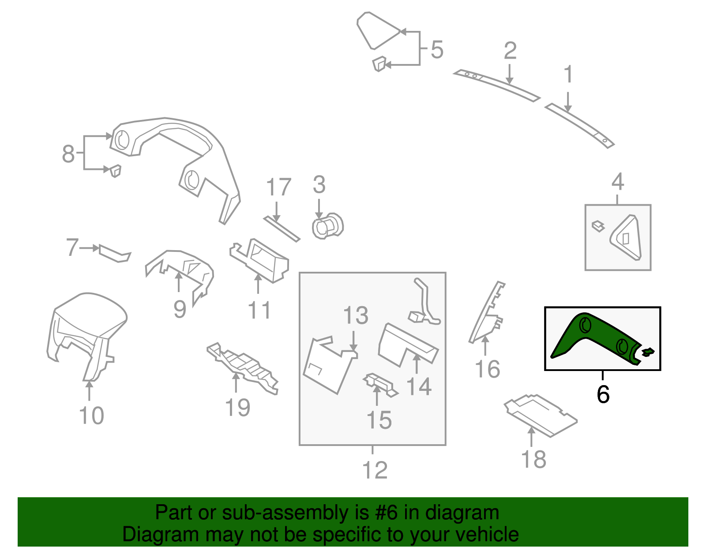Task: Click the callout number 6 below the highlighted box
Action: point(603,394)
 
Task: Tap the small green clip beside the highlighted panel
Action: point(648,352)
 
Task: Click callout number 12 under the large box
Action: point(375,470)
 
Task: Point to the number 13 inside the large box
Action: point(356,315)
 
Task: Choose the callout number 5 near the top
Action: point(437,50)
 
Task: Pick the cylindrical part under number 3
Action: point(327,226)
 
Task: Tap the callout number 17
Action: point(278,187)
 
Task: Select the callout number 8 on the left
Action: point(68,154)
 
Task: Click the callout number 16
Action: point(487,369)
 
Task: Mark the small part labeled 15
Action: point(380,385)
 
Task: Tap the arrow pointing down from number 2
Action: point(510,75)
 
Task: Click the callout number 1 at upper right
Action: point(568,74)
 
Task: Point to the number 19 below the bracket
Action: point(237,408)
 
